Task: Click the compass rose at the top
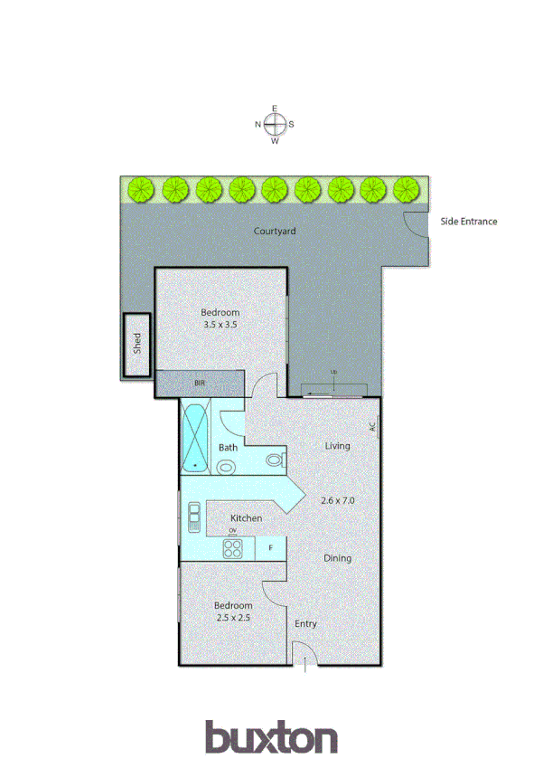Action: click(275, 125)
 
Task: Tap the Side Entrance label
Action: click(468, 221)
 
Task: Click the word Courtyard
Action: click(275, 232)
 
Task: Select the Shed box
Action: click(137, 344)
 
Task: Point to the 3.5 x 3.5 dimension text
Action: click(220, 324)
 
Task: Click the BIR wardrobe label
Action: click(200, 384)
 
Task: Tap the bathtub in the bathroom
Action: click(195, 436)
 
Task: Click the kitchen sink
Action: click(193, 517)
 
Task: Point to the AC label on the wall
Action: click(371, 425)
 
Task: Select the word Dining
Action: click(337, 558)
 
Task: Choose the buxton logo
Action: click(271, 736)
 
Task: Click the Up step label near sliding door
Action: click(332, 373)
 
